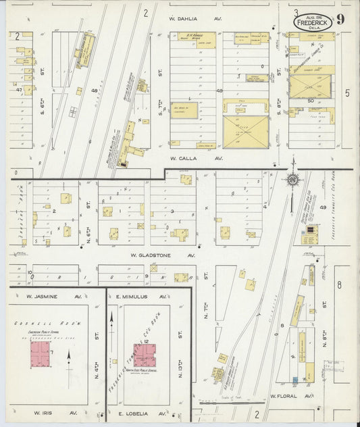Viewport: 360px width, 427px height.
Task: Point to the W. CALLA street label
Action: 186,159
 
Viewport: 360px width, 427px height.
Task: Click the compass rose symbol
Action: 292,180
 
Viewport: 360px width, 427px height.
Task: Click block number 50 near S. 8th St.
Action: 311,101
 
